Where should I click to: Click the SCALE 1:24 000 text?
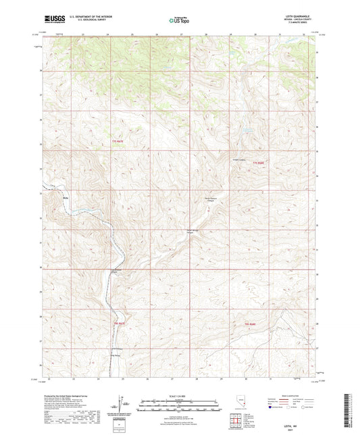pyautogui.click(x=179, y=396)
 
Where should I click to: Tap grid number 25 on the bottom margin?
pyautogui.click(x=132, y=380)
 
